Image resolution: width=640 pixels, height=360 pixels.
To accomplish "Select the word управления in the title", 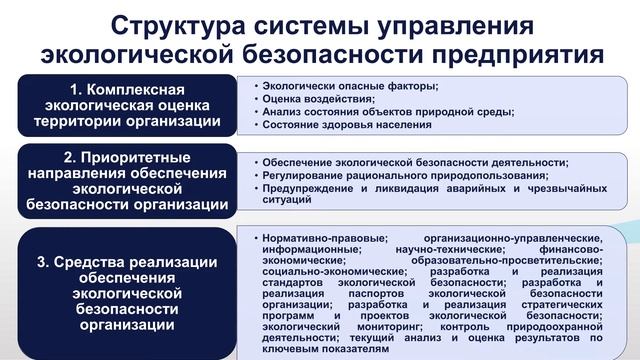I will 463,23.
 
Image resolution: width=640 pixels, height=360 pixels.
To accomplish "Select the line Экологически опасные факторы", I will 346,86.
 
